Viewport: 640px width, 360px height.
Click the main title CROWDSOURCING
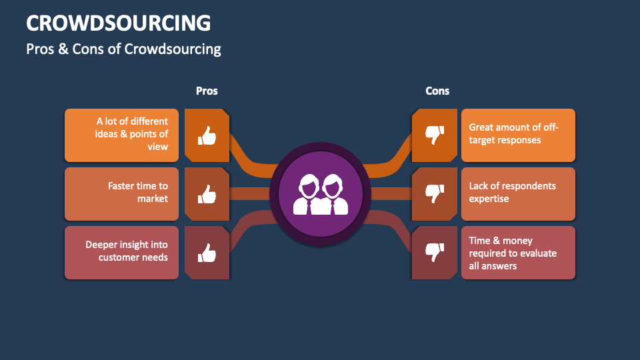tap(119, 23)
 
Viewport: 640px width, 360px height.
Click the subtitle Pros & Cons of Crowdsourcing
tap(123, 49)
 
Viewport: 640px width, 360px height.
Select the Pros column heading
tap(207, 91)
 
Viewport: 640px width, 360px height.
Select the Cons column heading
tap(437, 91)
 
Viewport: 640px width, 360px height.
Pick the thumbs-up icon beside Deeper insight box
tap(207, 253)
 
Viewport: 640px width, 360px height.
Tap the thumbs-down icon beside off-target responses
tap(434, 135)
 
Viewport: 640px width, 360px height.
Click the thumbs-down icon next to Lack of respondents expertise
tap(434, 194)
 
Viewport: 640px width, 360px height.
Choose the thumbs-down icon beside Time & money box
tap(434, 253)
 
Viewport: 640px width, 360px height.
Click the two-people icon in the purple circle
tap(320, 194)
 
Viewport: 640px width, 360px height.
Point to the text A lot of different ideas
tap(132, 134)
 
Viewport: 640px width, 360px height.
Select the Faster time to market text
tap(138, 193)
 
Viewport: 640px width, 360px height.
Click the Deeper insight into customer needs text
tap(127, 251)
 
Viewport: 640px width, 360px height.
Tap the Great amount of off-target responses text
tap(513, 134)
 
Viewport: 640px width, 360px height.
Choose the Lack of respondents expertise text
tap(512, 193)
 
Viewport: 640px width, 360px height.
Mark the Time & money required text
tap(512, 253)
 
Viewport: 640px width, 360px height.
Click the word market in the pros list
tap(153, 199)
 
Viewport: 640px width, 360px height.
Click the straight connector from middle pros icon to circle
tap(250, 194)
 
